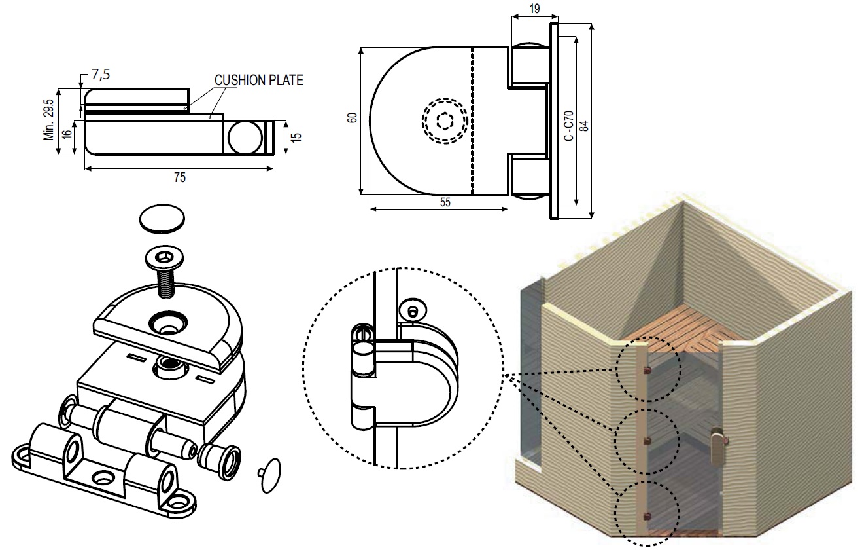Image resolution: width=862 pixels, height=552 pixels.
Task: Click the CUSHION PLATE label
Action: [259, 81]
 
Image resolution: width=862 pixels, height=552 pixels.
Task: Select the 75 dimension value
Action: [180, 177]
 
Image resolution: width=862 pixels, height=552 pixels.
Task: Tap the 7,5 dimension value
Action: [101, 75]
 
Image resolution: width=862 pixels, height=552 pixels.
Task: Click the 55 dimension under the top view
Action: [445, 202]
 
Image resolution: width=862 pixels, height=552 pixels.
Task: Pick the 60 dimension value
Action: [352, 118]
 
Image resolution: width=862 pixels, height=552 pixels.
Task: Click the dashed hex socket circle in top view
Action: [445, 120]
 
